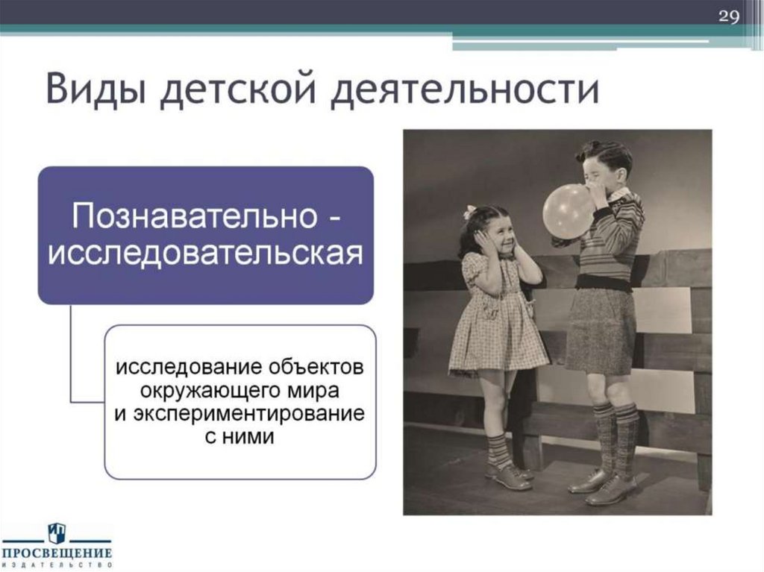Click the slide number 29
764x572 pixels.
pyautogui.click(x=728, y=17)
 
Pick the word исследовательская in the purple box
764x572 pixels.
pyautogui.click(x=206, y=254)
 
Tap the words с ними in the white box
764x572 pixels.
pyautogui.click(x=239, y=436)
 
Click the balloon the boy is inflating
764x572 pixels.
pyautogui.click(x=568, y=211)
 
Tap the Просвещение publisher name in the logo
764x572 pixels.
pyautogui.click(x=57, y=553)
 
